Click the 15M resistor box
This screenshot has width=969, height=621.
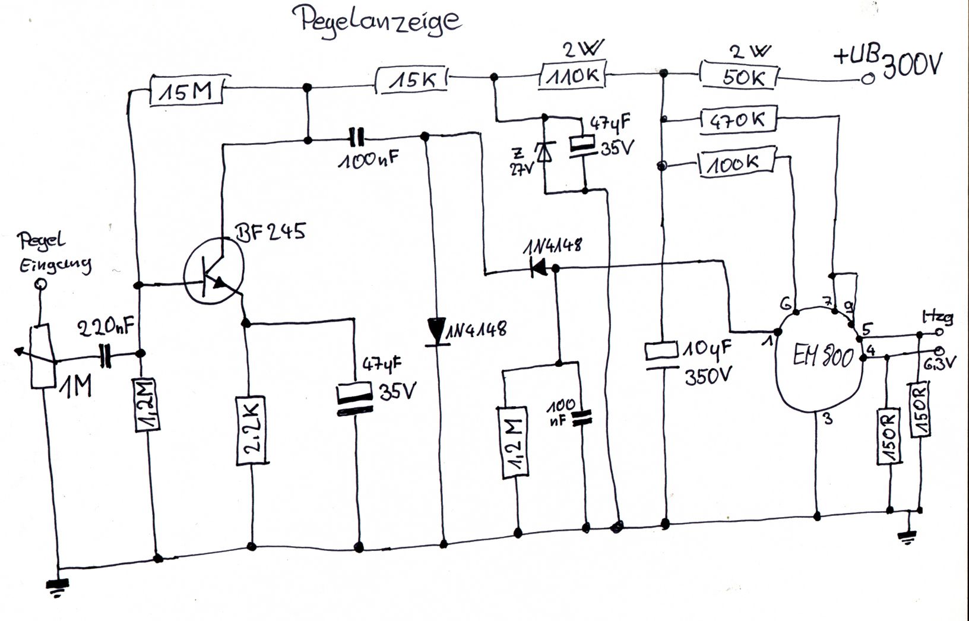(186, 91)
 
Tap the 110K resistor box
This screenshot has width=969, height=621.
(572, 76)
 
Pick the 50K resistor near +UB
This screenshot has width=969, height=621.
(740, 77)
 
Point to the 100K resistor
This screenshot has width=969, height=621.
(737, 163)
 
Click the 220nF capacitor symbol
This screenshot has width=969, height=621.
(106, 355)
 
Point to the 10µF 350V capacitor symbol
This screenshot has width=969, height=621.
(662, 355)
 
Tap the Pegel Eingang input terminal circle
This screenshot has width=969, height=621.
(40, 284)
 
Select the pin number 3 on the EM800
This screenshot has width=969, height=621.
(828, 420)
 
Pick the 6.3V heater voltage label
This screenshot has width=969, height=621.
(940, 362)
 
